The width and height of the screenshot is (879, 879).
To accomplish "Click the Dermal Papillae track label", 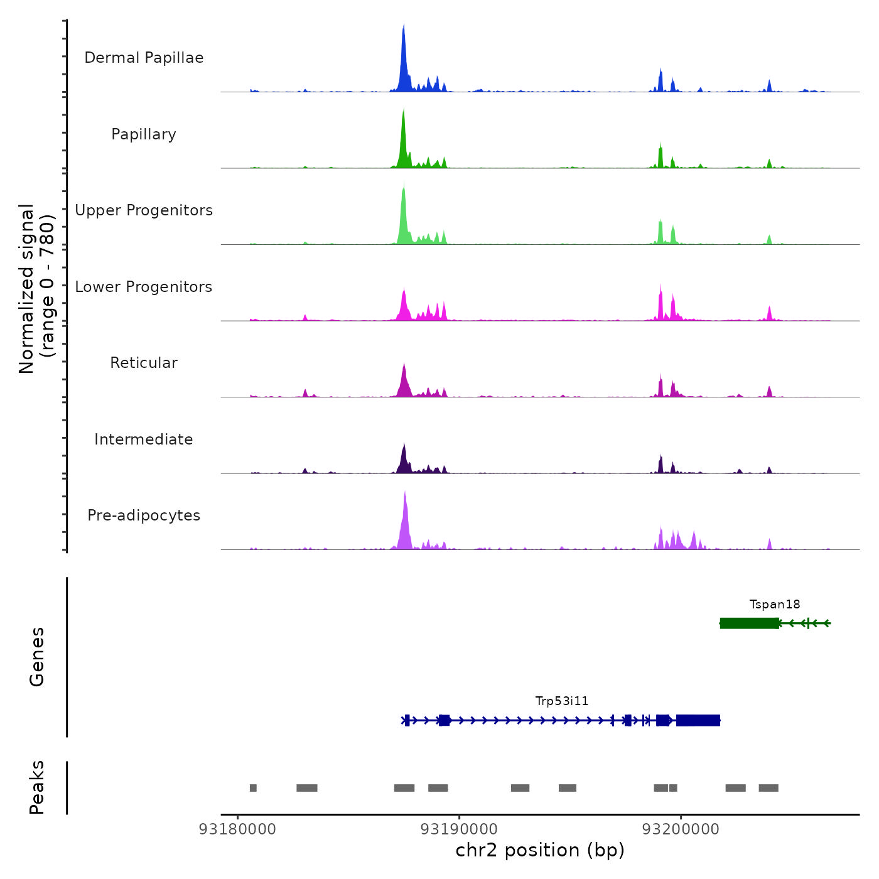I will tap(144, 58).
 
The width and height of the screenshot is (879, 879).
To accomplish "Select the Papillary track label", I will tap(144, 134).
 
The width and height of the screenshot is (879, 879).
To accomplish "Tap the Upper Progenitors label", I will tap(144, 210).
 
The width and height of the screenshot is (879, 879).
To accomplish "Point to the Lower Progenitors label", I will tap(144, 287).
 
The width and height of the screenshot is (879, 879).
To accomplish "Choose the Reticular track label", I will tap(144, 363).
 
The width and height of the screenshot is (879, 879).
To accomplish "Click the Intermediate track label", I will tap(144, 439).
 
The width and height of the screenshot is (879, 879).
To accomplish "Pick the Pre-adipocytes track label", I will tap(144, 515).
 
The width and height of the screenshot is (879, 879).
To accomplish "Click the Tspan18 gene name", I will tap(775, 605).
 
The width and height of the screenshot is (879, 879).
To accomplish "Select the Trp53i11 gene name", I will tap(562, 701).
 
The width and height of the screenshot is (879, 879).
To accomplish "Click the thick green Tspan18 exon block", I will tap(750, 623).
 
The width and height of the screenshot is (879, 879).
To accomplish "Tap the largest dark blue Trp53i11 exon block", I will tap(698, 720).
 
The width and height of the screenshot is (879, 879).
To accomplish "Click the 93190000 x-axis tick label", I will tap(460, 829).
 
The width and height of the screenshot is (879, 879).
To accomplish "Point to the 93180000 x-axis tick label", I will tap(237, 829).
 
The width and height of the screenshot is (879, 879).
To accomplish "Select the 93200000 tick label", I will tap(681, 829).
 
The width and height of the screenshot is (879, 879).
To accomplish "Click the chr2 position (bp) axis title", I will tap(540, 851).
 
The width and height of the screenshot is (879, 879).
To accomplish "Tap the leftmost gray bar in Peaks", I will tap(253, 788).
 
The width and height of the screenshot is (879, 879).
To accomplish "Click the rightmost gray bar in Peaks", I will tap(768, 788).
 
